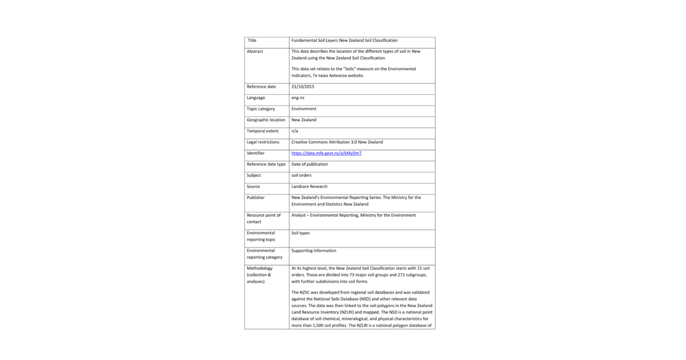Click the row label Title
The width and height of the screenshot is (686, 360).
252,41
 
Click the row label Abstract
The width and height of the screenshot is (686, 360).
255,51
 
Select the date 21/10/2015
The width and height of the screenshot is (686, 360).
303,86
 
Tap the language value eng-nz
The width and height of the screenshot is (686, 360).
298,98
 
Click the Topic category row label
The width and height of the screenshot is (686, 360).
261,109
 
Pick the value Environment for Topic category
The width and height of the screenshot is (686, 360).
304,109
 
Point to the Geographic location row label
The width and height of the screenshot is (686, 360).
266,120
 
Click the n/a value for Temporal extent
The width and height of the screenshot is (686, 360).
295,131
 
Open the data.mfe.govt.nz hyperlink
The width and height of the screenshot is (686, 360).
326,153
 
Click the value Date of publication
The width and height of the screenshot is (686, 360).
310,164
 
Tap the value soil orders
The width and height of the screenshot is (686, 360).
301,175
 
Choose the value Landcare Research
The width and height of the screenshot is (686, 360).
309,186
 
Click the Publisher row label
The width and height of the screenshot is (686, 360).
256,198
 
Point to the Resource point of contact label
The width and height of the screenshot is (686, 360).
264,218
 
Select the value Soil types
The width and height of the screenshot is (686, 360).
301,233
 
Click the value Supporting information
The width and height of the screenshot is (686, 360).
314,250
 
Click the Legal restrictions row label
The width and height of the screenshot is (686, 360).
263,142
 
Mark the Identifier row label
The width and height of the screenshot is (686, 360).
256,153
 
